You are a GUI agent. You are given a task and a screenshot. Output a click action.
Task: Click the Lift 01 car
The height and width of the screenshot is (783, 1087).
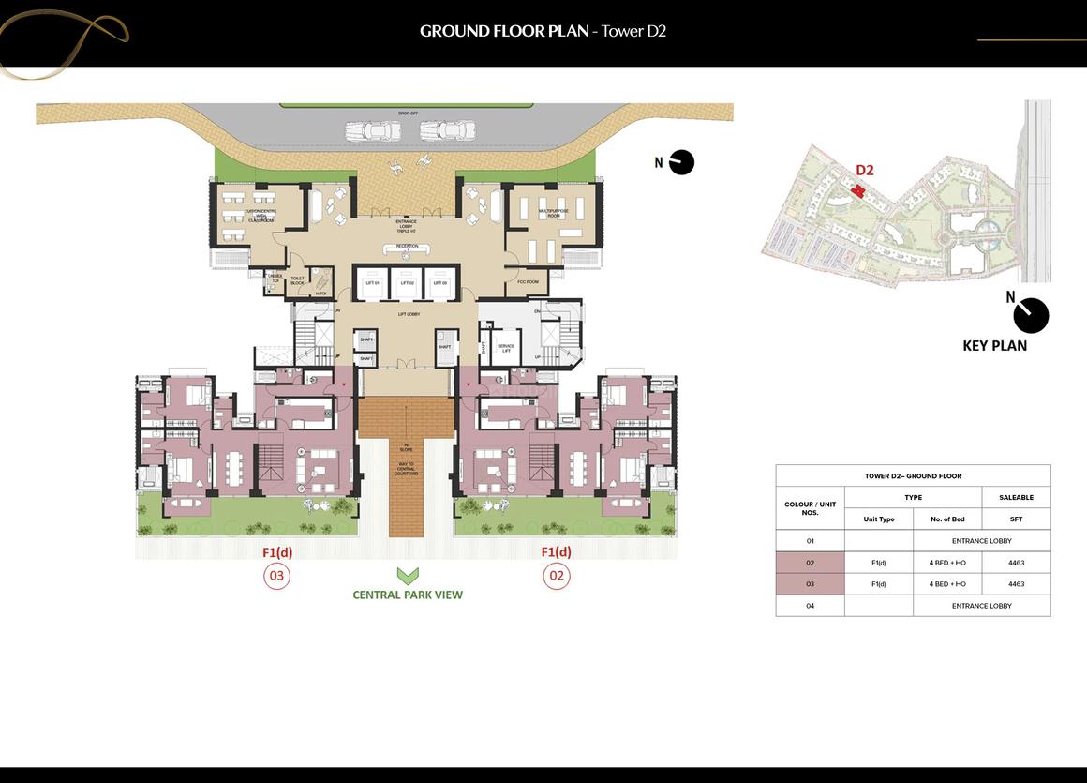click(x=372, y=283)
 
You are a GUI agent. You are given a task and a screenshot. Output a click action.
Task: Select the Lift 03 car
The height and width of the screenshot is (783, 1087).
click(x=439, y=283)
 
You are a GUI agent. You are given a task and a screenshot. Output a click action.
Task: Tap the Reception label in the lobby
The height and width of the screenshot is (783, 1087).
click(x=407, y=247)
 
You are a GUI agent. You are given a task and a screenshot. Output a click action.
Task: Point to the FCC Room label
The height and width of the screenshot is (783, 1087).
click(x=528, y=281)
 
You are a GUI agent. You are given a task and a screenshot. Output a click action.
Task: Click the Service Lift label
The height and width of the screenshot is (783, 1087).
click(x=506, y=348)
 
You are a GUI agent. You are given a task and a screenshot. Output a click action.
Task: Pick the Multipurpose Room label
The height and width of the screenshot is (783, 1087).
click(x=549, y=214)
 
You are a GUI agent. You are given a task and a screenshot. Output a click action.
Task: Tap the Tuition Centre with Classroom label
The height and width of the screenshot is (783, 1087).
click(x=260, y=215)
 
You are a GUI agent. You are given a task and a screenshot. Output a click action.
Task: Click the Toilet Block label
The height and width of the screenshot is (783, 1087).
click(x=297, y=279)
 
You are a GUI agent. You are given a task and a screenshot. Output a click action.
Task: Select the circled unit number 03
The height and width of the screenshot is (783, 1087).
click(x=276, y=575)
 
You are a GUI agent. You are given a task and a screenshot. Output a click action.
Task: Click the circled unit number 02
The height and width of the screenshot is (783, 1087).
click(x=557, y=575)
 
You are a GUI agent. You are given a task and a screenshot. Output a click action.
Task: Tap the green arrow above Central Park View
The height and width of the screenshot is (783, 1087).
click(x=407, y=576)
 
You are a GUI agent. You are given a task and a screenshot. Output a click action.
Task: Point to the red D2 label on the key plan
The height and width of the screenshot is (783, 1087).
click(x=864, y=171)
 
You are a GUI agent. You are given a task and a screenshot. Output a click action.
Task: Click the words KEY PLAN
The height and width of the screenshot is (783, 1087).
click(x=994, y=345)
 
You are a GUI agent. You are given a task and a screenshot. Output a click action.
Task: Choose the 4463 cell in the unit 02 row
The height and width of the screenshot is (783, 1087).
click(x=1016, y=563)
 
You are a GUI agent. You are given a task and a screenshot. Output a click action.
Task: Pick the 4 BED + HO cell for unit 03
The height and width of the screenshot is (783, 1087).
click(x=947, y=584)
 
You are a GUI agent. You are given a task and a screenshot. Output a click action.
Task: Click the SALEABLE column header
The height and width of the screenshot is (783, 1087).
click(x=1016, y=497)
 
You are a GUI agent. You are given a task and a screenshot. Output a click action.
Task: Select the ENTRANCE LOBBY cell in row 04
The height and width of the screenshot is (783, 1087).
click(x=981, y=606)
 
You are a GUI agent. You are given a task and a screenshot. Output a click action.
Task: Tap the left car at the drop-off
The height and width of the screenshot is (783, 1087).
click(x=373, y=131)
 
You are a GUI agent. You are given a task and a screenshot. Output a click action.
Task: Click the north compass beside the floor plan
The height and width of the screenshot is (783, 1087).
click(x=681, y=162)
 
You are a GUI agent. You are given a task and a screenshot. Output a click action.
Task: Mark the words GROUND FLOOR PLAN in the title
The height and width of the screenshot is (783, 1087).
click(x=504, y=31)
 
